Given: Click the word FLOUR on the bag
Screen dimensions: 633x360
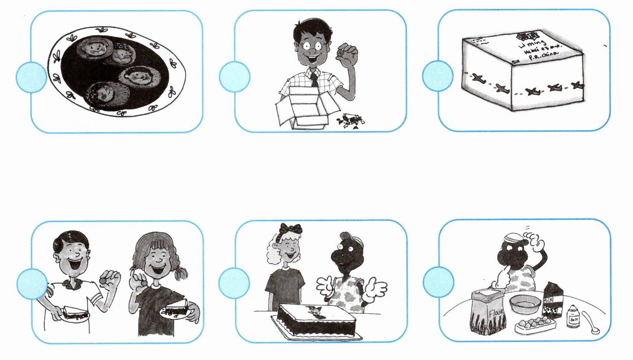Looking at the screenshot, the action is coord(496,317).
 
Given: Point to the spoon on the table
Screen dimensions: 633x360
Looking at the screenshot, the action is coord(590,322).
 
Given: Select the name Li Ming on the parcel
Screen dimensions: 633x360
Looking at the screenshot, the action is coord(533,43).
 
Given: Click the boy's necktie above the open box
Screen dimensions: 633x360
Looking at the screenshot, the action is coord(314,80).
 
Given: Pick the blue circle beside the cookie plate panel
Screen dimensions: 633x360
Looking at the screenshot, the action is coord(31,77).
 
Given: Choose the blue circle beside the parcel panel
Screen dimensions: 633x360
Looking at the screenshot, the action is coord(438,76).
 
